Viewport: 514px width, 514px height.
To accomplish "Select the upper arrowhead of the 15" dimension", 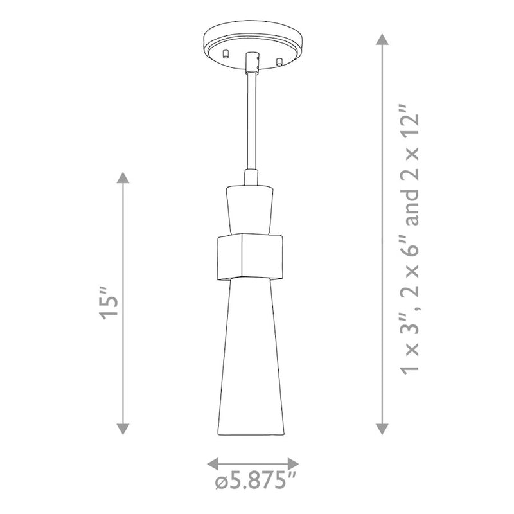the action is (123, 177).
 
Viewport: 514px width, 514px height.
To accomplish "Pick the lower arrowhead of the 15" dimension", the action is (123, 429).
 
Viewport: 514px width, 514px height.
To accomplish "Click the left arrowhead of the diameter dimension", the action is (213, 464).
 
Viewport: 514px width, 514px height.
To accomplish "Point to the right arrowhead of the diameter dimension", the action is (293, 464).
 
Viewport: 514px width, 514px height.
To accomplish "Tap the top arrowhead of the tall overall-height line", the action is (382, 39).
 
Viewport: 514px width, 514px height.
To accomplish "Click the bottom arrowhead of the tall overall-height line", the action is (382, 429).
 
